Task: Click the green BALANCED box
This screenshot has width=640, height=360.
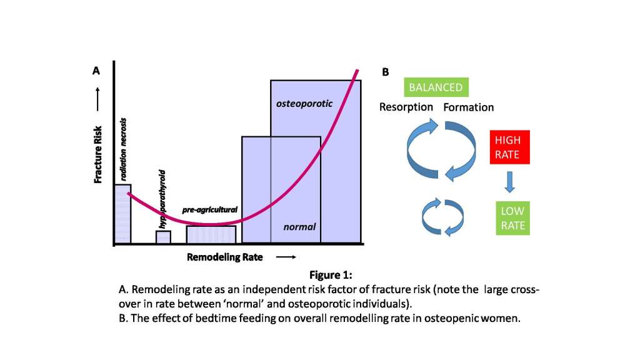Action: [436, 87]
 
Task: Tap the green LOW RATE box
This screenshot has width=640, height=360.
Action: [512, 218]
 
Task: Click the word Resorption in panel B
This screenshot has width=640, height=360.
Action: [406, 107]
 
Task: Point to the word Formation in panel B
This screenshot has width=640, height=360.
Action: [468, 107]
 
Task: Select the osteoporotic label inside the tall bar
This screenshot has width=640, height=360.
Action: [304, 103]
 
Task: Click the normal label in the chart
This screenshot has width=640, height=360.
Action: [299, 227]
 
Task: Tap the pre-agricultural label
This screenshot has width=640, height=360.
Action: [210, 210]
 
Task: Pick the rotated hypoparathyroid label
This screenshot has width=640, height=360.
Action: [162, 198]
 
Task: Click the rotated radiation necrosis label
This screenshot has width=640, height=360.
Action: [123, 149]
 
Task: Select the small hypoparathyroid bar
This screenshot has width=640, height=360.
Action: [163, 237]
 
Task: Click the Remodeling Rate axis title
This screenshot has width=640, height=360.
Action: [225, 257]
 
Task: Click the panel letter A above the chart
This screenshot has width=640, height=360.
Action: [96, 71]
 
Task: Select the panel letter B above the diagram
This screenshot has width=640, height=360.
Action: [385, 72]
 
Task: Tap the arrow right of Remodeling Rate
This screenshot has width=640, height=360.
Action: [285, 257]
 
